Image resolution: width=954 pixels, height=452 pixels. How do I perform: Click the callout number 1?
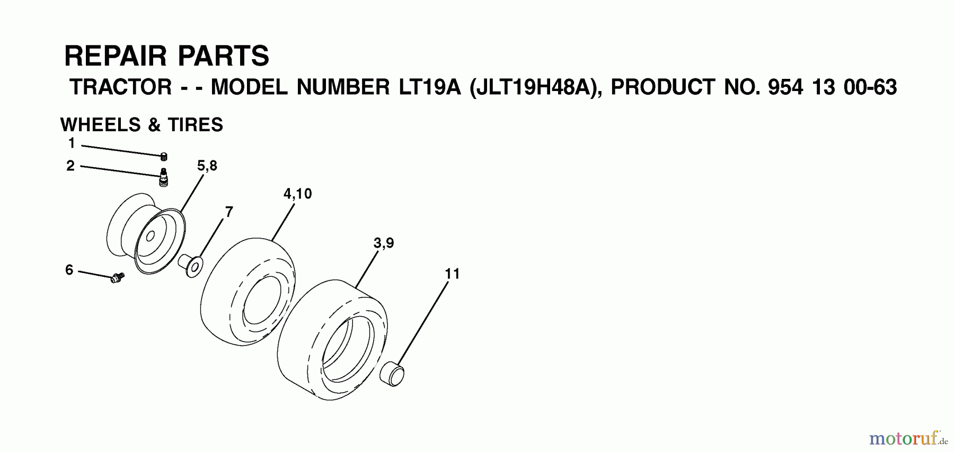(72, 143)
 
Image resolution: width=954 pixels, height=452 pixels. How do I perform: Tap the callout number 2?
(70, 166)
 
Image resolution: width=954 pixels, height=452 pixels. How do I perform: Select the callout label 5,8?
(207, 166)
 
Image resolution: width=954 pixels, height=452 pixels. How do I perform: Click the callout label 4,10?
(297, 194)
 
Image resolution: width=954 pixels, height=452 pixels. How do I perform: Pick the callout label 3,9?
(383, 243)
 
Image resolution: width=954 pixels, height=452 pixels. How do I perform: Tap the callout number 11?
(452, 274)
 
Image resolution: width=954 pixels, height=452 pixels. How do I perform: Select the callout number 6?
(69, 270)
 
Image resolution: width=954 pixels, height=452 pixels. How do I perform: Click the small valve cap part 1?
(164, 156)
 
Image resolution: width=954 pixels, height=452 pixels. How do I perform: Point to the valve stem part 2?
(164, 176)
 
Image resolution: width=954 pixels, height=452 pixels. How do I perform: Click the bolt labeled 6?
(117, 277)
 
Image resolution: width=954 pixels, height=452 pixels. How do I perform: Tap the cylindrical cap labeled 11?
(392, 373)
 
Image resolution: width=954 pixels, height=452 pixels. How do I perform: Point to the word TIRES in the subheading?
(195, 125)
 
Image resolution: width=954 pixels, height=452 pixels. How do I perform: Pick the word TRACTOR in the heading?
(121, 87)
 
